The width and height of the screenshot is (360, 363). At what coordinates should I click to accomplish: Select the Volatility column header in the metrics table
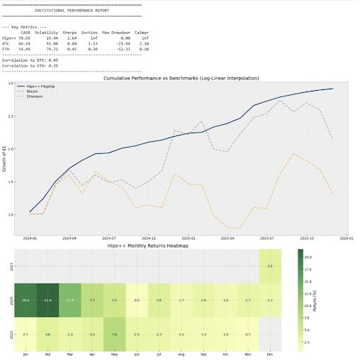tap(46, 33)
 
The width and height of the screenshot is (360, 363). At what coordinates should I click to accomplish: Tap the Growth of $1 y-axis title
tap(5, 157)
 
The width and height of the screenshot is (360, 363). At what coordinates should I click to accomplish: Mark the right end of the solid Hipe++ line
tap(333, 89)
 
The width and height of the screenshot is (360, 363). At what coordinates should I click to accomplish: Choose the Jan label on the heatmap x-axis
tap(26, 353)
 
